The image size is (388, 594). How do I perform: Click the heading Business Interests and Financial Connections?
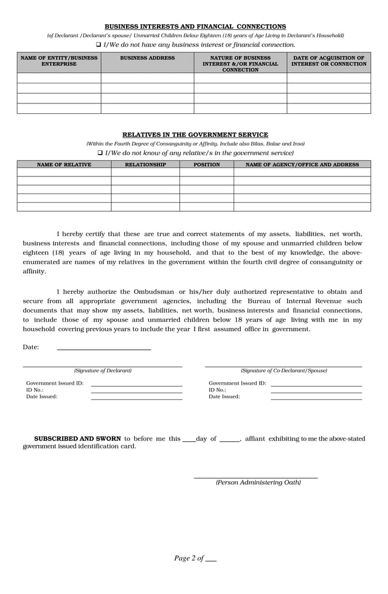click(x=195, y=27)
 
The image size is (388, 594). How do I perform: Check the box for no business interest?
click(x=99, y=45)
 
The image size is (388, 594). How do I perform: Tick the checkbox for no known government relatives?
click(x=100, y=153)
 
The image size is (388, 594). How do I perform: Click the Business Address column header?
click(x=147, y=58)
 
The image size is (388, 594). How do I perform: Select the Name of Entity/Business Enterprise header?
click(x=59, y=61)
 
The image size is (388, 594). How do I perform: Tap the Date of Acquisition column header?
click(x=328, y=61)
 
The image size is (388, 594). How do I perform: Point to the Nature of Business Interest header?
click(x=240, y=63)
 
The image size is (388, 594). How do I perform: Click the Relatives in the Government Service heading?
click(x=195, y=135)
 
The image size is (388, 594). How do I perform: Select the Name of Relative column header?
click(x=64, y=164)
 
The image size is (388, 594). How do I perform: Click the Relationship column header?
click(x=145, y=164)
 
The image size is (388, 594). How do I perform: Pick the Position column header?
click(x=207, y=164)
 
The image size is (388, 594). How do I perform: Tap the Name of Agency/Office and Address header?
click(x=302, y=164)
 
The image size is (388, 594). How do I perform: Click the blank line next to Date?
click(x=103, y=348)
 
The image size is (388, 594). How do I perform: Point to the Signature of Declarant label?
click(x=103, y=371)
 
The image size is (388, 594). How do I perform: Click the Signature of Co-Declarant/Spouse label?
click(x=283, y=371)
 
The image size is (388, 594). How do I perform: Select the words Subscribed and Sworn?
click(x=77, y=438)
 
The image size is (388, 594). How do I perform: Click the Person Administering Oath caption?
click(x=258, y=483)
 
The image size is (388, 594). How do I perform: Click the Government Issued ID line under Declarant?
click(x=136, y=384)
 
